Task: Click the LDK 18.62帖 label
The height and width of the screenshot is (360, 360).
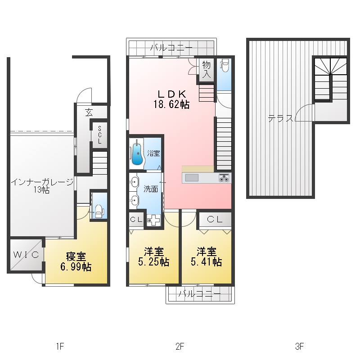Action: (171, 99)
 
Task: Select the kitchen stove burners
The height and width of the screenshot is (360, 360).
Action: (224, 178)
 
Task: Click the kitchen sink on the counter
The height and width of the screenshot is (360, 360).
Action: (192, 178)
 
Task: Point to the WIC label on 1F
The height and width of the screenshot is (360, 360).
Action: (26, 255)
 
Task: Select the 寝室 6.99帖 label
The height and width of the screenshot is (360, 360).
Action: (76, 262)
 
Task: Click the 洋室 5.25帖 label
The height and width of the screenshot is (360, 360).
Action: (154, 256)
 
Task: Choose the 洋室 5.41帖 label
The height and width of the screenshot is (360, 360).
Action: (206, 256)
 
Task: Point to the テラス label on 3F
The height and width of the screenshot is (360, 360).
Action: (280, 119)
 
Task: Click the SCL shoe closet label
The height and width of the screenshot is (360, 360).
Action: (99, 135)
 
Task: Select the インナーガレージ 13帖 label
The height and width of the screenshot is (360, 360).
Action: (42, 186)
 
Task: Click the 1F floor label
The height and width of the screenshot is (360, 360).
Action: (60, 346)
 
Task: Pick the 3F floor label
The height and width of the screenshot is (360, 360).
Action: (300, 346)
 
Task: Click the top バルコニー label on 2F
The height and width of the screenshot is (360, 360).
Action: (171, 48)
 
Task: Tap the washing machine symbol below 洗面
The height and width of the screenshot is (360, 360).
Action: (153, 220)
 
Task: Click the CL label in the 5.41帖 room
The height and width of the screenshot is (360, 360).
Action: (215, 219)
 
